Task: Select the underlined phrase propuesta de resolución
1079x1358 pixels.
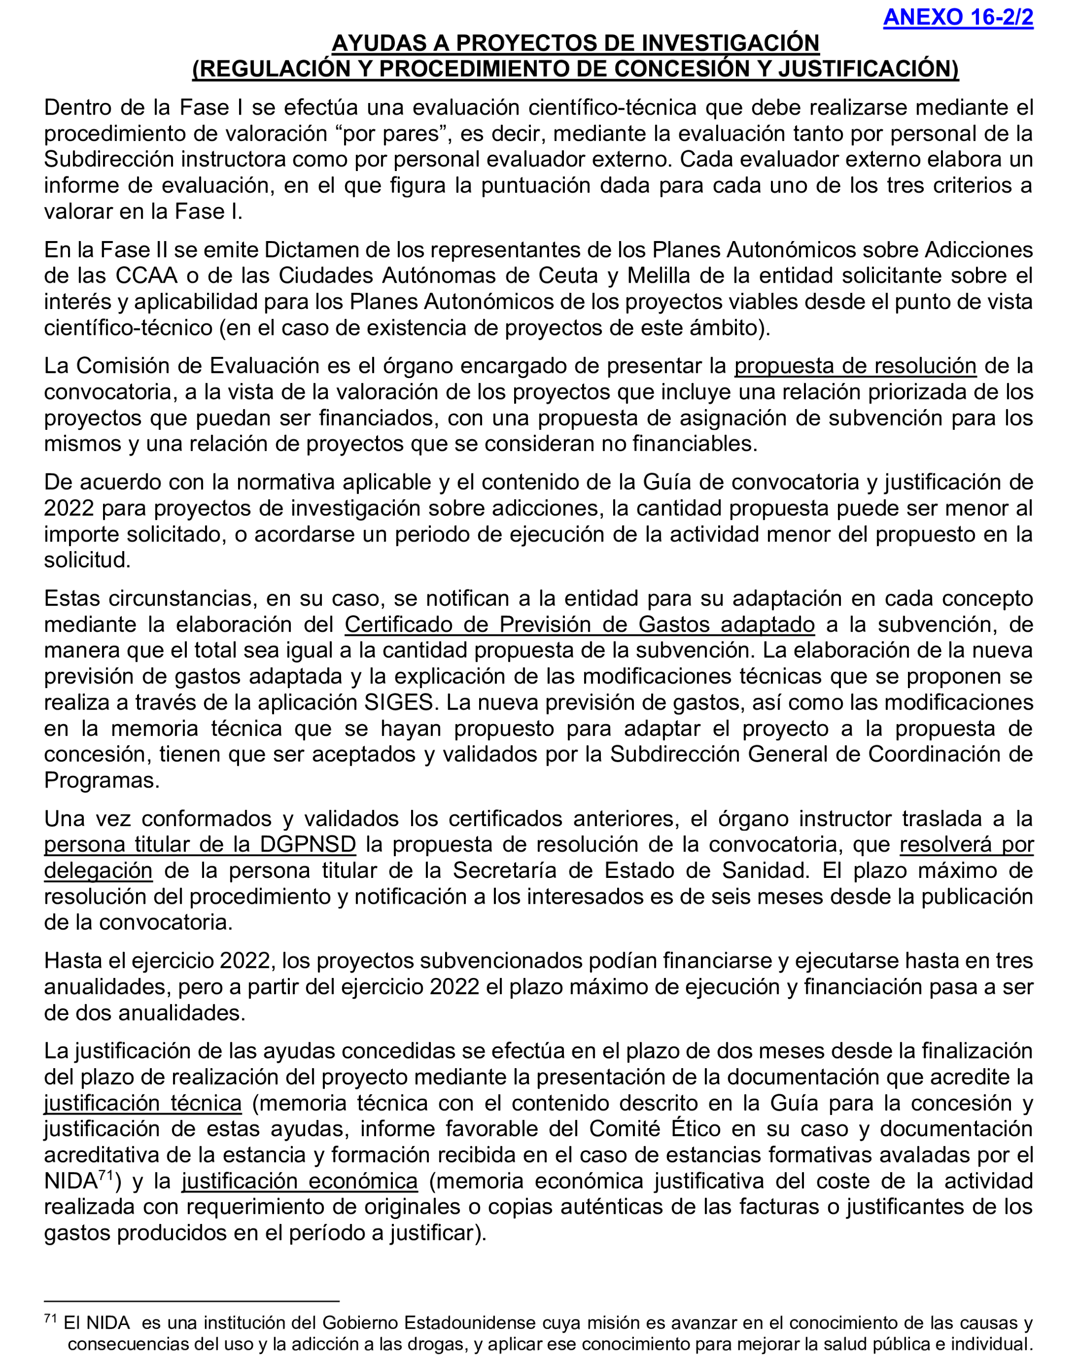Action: pos(855,365)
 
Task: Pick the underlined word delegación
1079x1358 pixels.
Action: pos(98,870)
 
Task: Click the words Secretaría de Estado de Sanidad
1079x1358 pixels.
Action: pos(630,870)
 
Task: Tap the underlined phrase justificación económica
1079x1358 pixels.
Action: pos(300,1181)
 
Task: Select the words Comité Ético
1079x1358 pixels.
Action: pos(655,1129)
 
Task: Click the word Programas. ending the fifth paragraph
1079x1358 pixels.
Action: pos(102,780)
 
